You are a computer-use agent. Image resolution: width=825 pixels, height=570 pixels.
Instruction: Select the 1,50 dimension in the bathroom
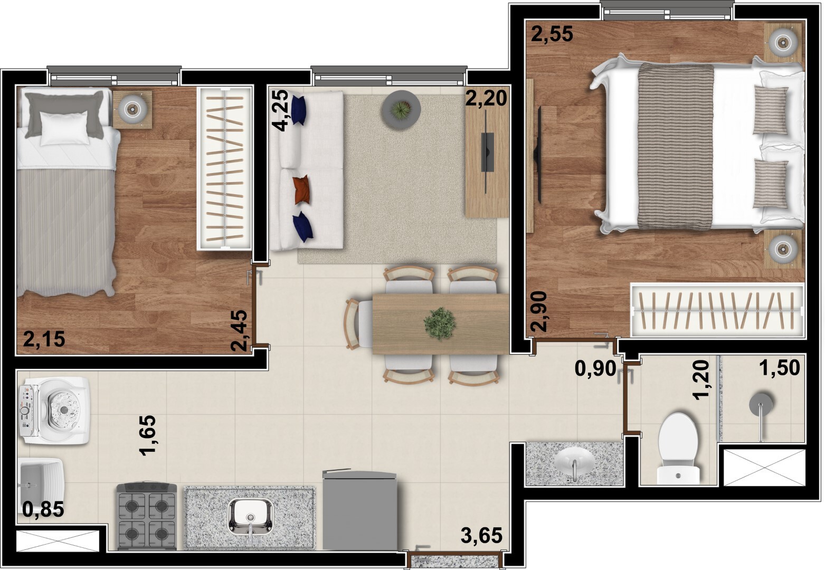coord(780,368)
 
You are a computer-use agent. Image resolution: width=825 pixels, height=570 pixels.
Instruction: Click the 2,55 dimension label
coord(552,35)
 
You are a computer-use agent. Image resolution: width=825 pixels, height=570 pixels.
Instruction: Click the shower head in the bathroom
coord(761,404)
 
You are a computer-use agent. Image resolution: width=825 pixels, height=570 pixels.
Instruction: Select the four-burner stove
coord(147,516)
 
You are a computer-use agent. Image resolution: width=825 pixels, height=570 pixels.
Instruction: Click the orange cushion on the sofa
coord(302,189)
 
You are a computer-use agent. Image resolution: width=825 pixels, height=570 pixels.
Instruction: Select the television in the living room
coord(487,152)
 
